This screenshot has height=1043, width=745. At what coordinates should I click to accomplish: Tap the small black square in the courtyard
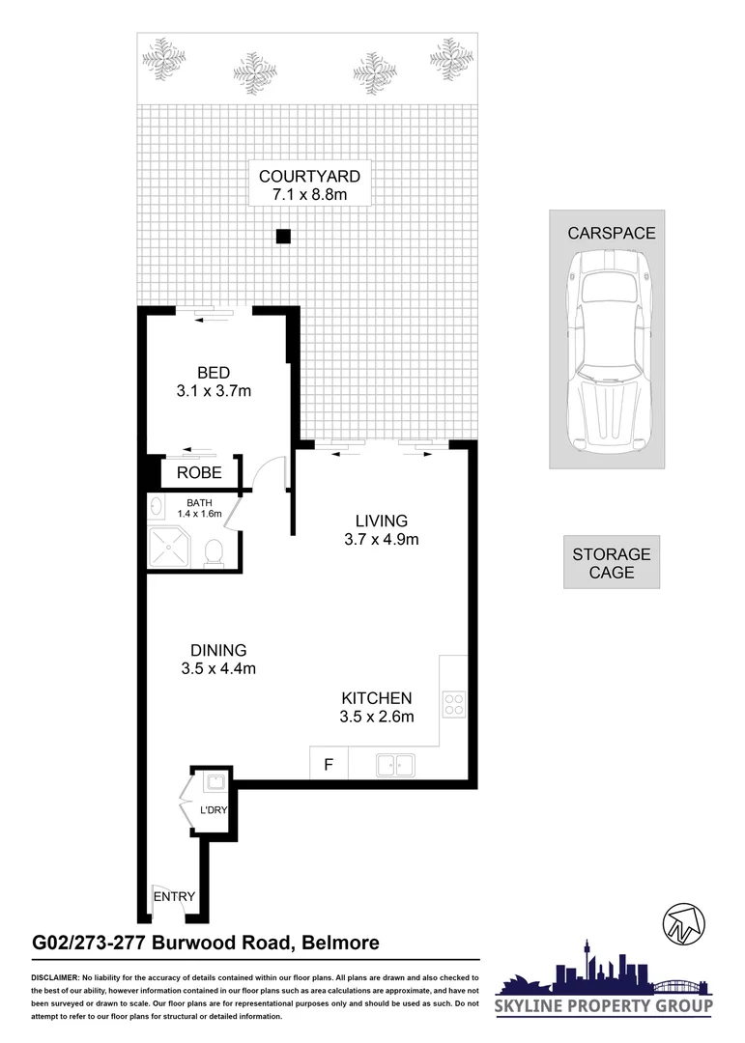click(x=282, y=236)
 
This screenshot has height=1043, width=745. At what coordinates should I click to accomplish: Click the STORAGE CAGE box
click(x=612, y=562)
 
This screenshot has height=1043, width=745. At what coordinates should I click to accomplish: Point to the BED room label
click(x=213, y=373)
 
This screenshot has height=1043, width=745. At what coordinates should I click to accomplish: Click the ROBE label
click(x=199, y=473)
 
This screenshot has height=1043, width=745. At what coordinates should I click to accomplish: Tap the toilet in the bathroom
click(x=215, y=550)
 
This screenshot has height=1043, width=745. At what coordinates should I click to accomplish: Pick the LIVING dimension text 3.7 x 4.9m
click(x=382, y=540)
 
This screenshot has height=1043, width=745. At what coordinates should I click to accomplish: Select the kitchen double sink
click(x=396, y=766)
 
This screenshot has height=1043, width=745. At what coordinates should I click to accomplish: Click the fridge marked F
click(x=329, y=766)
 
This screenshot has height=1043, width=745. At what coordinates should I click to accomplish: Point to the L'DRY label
click(x=213, y=810)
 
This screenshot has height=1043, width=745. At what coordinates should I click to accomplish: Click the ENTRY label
click(x=175, y=896)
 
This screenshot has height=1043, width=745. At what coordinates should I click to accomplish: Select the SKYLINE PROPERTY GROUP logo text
click(x=605, y=1006)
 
